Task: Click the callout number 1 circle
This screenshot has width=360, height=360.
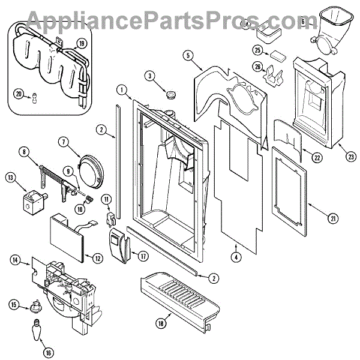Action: [122, 90]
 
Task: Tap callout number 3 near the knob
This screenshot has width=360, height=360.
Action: [149, 76]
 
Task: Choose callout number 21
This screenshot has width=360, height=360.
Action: [332, 218]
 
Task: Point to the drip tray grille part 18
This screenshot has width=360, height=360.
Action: [180, 298]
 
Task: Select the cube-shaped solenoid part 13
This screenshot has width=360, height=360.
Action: [31, 199]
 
